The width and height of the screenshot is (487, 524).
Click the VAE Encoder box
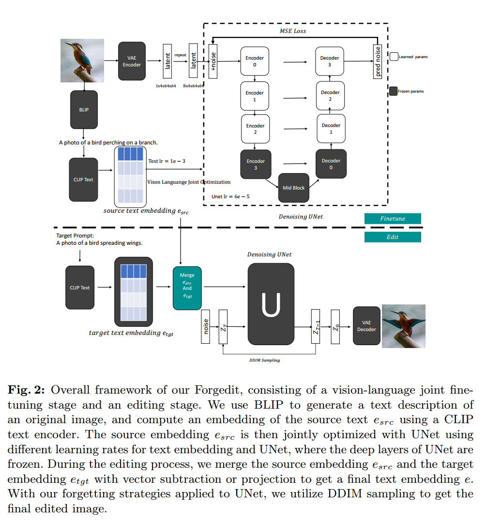132,61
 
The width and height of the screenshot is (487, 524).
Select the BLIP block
84,110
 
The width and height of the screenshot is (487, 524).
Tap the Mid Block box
293,188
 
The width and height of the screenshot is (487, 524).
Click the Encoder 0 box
255,61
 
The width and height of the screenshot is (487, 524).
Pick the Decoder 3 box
330,61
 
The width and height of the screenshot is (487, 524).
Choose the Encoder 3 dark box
256,164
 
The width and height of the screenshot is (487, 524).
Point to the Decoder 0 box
331,164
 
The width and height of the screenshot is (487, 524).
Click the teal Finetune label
393,219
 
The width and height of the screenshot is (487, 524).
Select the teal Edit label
393,237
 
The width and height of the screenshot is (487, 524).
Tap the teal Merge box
187,288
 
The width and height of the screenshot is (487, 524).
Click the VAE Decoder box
366,326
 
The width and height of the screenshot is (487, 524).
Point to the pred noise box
378,61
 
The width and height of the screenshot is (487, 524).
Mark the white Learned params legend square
394,57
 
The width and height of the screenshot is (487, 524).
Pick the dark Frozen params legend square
393,91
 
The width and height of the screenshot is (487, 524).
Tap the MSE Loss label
293,31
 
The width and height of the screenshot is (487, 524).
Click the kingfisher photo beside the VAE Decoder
403,326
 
